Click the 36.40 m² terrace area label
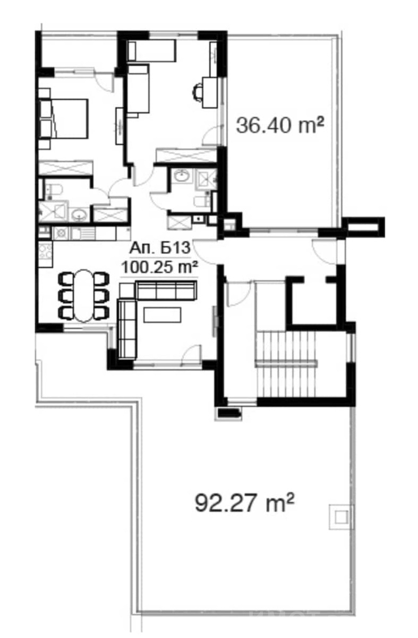click(280, 126)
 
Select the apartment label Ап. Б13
click(160, 248)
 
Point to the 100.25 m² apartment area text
click(159, 267)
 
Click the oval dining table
click(83, 295)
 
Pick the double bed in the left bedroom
click(63, 118)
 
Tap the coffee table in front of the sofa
click(162, 314)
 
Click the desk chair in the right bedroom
click(198, 92)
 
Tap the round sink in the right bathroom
click(181, 176)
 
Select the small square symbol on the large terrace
click(341, 517)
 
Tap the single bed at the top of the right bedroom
click(151, 50)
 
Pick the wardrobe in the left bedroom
click(66, 168)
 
